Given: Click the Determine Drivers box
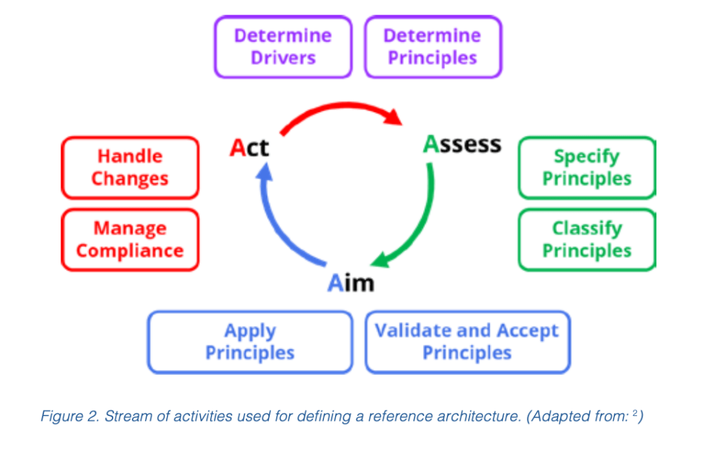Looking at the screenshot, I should [x=283, y=47].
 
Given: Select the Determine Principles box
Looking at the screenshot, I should [x=433, y=47].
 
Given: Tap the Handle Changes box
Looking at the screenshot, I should [x=130, y=168].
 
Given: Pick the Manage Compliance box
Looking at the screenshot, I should [x=130, y=240].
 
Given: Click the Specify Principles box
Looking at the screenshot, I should [x=586, y=168].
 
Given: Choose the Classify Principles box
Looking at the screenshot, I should [x=586, y=240].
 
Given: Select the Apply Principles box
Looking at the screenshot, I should [x=250, y=342].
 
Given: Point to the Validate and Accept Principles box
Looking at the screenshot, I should [x=467, y=342].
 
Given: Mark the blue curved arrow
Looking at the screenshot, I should [x=278, y=220].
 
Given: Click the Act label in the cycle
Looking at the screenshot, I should [x=249, y=148].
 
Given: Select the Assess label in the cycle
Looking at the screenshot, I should [x=462, y=144].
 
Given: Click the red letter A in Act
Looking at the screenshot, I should [x=238, y=148].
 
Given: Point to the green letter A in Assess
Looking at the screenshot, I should [x=430, y=144].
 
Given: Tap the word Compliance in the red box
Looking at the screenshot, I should [x=130, y=251].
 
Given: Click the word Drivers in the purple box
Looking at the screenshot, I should [x=283, y=58].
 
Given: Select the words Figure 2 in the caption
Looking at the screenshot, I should [x=69, y=417].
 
